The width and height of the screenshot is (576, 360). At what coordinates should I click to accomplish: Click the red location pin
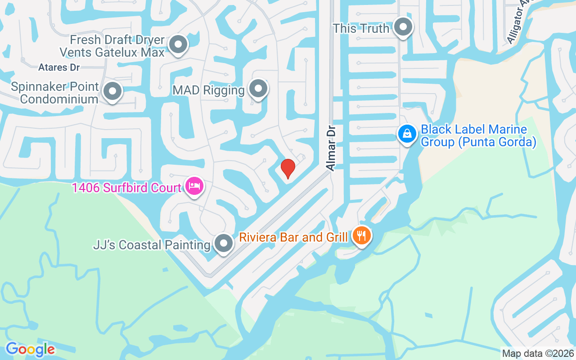point(288,168)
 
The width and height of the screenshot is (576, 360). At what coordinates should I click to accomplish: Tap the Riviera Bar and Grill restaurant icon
point(361,235)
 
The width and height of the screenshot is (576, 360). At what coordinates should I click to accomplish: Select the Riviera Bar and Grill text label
point(293,237)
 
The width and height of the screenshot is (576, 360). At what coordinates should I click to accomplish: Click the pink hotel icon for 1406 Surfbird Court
point(194,186)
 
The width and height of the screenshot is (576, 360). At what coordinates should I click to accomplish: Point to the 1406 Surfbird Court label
point(126,187)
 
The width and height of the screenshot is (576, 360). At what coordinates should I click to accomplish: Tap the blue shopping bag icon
point(407,134)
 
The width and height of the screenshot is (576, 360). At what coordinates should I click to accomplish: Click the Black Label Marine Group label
point(478,136)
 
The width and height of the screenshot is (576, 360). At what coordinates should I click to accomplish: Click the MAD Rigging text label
point(208,90)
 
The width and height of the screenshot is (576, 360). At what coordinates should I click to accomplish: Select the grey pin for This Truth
point(403,27)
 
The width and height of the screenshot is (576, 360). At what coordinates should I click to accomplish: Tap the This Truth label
point(361,28)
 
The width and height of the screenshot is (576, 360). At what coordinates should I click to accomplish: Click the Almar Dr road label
point(331,148)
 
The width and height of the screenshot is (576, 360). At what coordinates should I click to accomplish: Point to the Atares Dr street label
point(59,67)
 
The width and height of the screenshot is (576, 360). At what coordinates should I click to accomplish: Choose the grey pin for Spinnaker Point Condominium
point(112,91)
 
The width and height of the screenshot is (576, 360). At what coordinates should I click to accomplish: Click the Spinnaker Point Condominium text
point(54,93)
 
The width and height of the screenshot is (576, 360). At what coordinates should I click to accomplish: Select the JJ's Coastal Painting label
point(152,245)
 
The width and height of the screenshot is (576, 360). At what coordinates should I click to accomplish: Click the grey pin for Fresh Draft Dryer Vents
point(178,45)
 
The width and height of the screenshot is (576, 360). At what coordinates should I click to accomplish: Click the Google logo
point(30,349)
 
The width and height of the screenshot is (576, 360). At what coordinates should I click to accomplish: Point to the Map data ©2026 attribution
point(538,353)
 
